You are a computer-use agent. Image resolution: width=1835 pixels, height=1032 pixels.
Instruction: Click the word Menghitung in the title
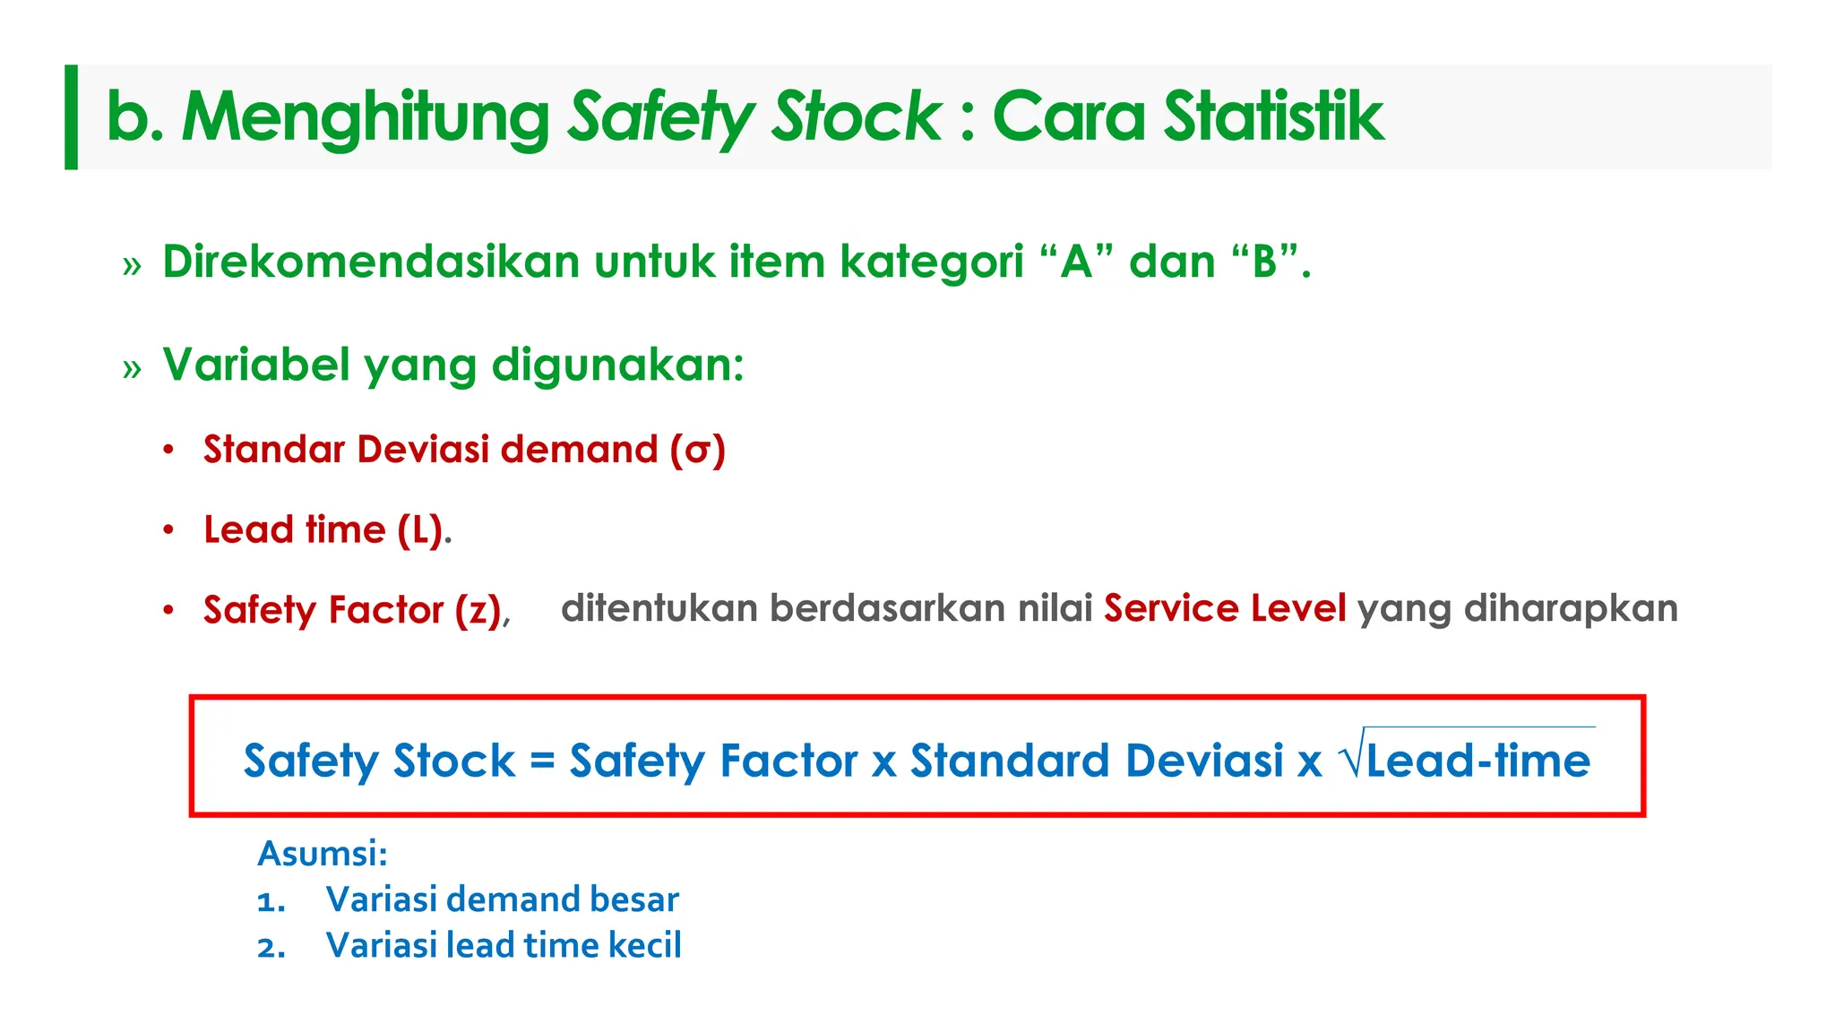[x=366, y=117]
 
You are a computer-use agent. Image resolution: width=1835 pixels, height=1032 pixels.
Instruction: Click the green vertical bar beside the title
[x=72, y=117]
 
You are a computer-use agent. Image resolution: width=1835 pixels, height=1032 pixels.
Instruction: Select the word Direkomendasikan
[x=372, y=262]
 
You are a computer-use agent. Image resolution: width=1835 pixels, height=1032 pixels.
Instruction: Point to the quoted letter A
[x=1076, y=262]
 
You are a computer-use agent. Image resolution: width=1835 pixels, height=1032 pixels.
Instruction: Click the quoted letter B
[x=1264, y=262]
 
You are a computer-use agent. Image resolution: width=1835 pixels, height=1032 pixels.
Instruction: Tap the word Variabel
[x=256, y=365]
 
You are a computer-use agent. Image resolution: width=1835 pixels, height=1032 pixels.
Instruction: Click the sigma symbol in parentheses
[x=698, y=451]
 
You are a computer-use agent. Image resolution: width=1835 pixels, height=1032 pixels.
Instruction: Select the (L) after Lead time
[x=421, y=530]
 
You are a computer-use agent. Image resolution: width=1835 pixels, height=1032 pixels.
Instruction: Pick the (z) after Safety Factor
[x=478, y=611]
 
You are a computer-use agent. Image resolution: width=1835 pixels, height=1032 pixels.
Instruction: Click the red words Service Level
[x=1225, y=609]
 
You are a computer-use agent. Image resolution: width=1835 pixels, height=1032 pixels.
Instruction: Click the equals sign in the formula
[x=542, y=761]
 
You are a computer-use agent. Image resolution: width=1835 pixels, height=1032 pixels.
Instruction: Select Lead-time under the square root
[x=1478, y=761]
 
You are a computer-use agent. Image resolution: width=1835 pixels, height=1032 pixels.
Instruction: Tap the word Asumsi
[x=322, y=854]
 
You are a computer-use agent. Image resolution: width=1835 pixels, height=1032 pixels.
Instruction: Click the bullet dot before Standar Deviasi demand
[x=168, y=450]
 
